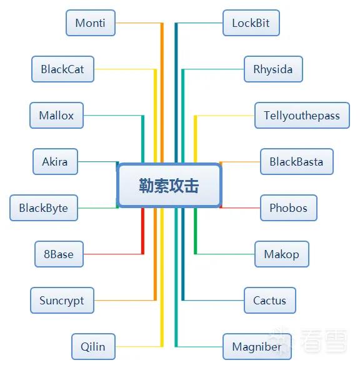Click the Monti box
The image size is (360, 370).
(91, 23)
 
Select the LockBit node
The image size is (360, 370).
(251, 23)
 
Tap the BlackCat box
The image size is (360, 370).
(62, 69)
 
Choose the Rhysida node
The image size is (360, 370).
(273, 69)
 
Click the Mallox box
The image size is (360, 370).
(57, 116)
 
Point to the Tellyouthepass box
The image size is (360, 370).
(302, 116)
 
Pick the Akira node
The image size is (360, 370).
(55, 162)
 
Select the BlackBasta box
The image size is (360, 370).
(297, 162)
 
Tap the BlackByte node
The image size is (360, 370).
(44, 208)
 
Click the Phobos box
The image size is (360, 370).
(289, 208)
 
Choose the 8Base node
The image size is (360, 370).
(59, 254)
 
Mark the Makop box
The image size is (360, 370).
(282, 254)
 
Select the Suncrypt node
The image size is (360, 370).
(62, 301)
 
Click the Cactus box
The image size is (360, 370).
(270, 301)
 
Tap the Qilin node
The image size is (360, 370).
(93, 347)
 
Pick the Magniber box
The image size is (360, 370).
(257, 347)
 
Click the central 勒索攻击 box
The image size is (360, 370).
(169, 186)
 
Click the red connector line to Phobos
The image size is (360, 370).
(240, 208)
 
